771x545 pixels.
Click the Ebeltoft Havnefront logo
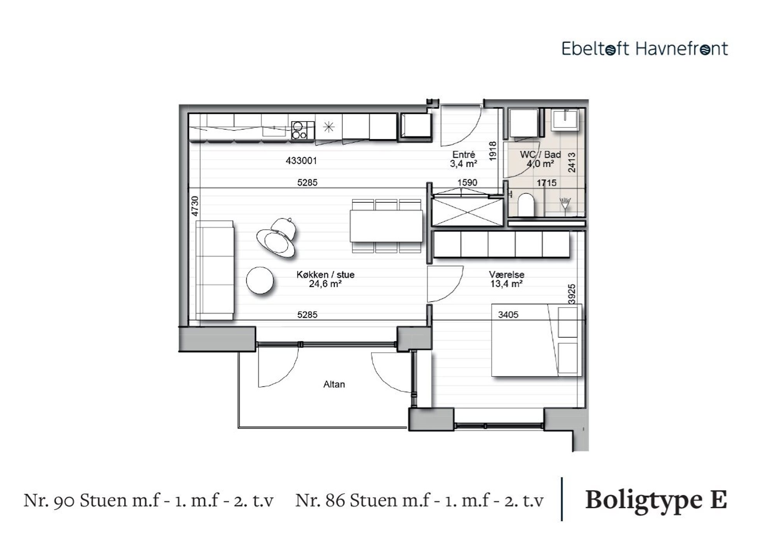click(x=645, y=49)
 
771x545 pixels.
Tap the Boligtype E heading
click(x=656, y=500)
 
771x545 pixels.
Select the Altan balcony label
click(x=334, y=384)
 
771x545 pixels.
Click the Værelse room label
click(x=507, y=275)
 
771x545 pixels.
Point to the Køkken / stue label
click(x=326, y=275)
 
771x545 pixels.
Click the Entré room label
click(x=464, y=155)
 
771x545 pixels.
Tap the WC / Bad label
click(x=540, y=155)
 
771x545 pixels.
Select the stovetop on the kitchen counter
click(x=303, y=130)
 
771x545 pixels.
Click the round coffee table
click(x=260, y=280)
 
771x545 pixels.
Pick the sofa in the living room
click(x=215, y=270)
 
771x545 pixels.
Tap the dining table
click(x=386, y=226)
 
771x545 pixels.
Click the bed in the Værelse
click(x=537, y=340)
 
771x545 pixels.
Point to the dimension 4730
click(x=195, y=206)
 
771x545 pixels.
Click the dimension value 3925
click(x=571, y=294)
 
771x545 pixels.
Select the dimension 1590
click(x=467, y=183)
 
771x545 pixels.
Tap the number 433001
click(x=301, y=160)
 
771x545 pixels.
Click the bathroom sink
click(x=565, y=119)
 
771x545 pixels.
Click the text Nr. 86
click(x=320, y=500)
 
